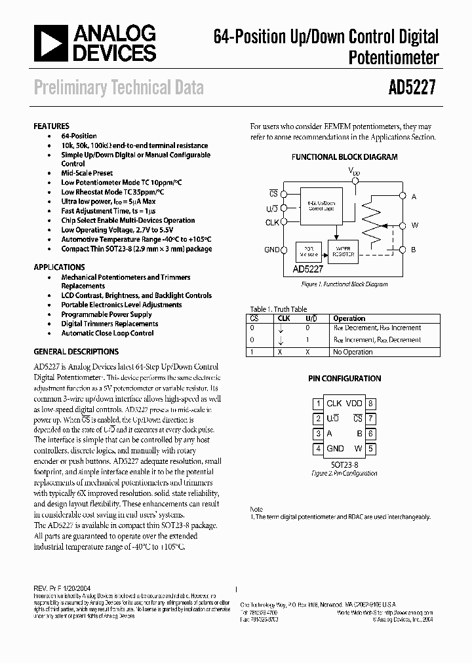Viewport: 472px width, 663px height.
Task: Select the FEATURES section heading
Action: [51, 126]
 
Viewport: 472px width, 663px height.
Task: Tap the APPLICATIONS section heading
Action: [59, 267]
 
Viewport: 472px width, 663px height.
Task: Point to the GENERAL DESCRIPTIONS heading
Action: [75, 351]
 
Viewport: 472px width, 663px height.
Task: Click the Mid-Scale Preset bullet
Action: [87, 174]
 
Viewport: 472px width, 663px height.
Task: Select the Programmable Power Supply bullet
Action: [106, 314]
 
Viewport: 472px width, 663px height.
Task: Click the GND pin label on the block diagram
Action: [271, 250]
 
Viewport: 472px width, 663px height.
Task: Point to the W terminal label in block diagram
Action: [414, 225]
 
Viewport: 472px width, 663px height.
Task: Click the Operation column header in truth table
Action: [349, 318]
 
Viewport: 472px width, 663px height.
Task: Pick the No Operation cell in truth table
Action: [353, 352]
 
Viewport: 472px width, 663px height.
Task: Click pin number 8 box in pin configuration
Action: [370, 404]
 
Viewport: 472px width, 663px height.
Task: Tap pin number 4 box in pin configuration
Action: [318, 449]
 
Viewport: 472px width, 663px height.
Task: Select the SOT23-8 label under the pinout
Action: [344, 463]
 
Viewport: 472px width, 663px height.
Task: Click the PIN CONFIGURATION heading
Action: [344, 379]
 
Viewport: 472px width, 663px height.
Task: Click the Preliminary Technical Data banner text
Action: [119, 87]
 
